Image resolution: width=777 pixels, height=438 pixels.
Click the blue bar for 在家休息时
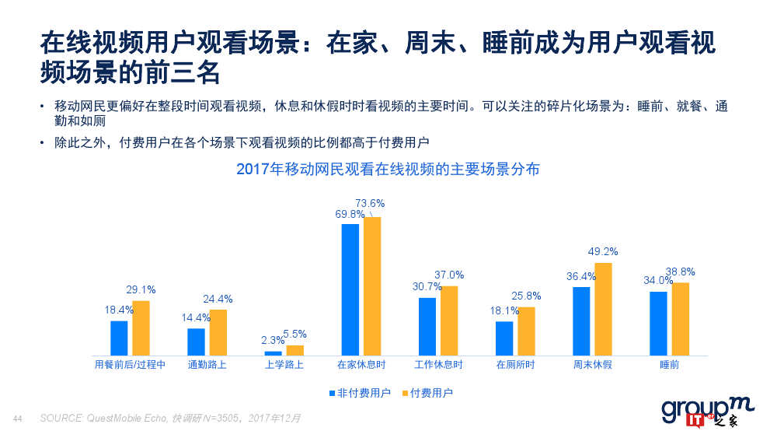pos(350,289)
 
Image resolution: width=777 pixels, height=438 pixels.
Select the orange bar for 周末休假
pos(603,309)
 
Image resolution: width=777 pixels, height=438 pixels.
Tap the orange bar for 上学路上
pos(295,350)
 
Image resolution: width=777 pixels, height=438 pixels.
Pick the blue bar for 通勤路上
pos(196,342)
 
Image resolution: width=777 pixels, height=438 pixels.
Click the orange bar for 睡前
pos(680,319)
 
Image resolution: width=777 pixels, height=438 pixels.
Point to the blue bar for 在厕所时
pos(504,338)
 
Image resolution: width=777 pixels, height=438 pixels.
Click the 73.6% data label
pos(370,203)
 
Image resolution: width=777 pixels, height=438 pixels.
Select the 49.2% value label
pos(603,251)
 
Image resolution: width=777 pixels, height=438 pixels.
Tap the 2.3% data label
pos(273,340)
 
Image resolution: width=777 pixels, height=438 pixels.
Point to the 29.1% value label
pos(141,289)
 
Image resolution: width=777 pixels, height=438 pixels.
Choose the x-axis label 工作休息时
pos(438,365)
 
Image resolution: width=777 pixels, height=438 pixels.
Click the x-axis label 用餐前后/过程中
pos(130,365)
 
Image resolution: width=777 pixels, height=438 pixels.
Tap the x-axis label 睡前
pos(669,365)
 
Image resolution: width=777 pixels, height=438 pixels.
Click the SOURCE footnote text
pos(169,419)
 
